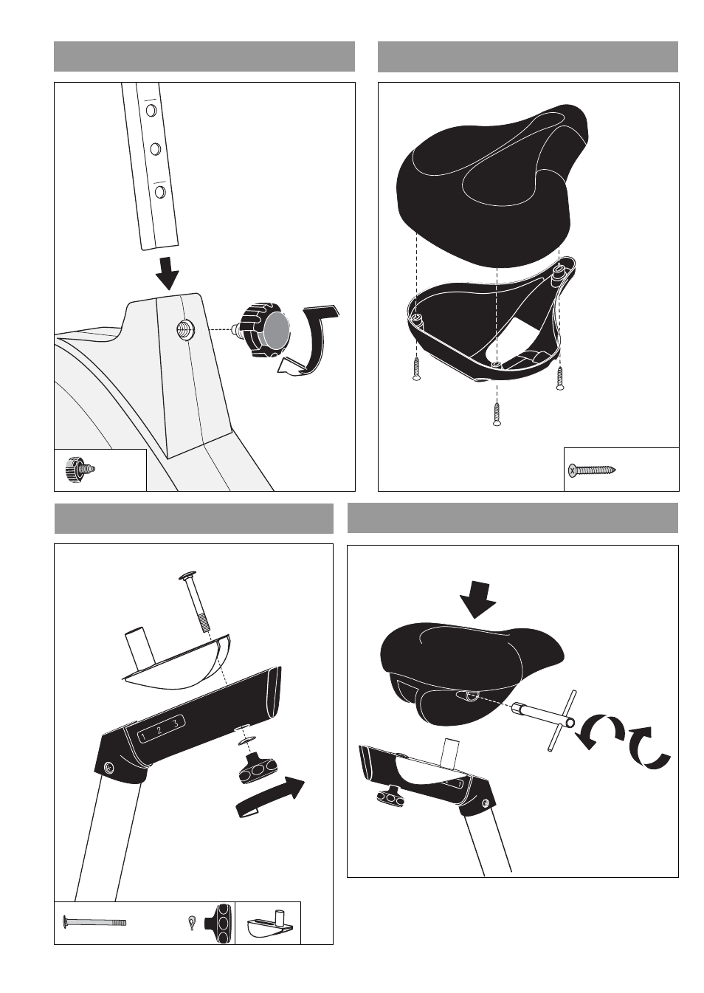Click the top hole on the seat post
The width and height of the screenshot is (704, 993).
click(151, 109)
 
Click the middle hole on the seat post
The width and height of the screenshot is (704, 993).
click(156, 149)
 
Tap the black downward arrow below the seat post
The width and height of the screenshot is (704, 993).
click(168, 273)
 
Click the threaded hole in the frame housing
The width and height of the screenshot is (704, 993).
click(183, 329)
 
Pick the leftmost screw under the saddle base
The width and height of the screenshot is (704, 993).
click(416, 369)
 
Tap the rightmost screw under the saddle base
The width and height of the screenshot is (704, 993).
click(560, 378)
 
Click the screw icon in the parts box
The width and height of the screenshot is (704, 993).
click(592, 470)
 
